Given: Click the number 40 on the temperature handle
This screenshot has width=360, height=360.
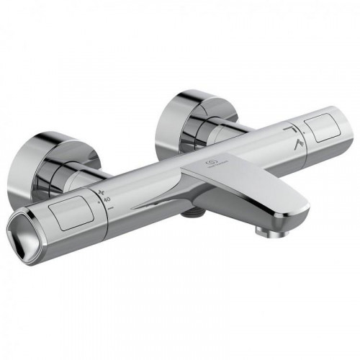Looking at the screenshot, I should (x=106, y=199).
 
